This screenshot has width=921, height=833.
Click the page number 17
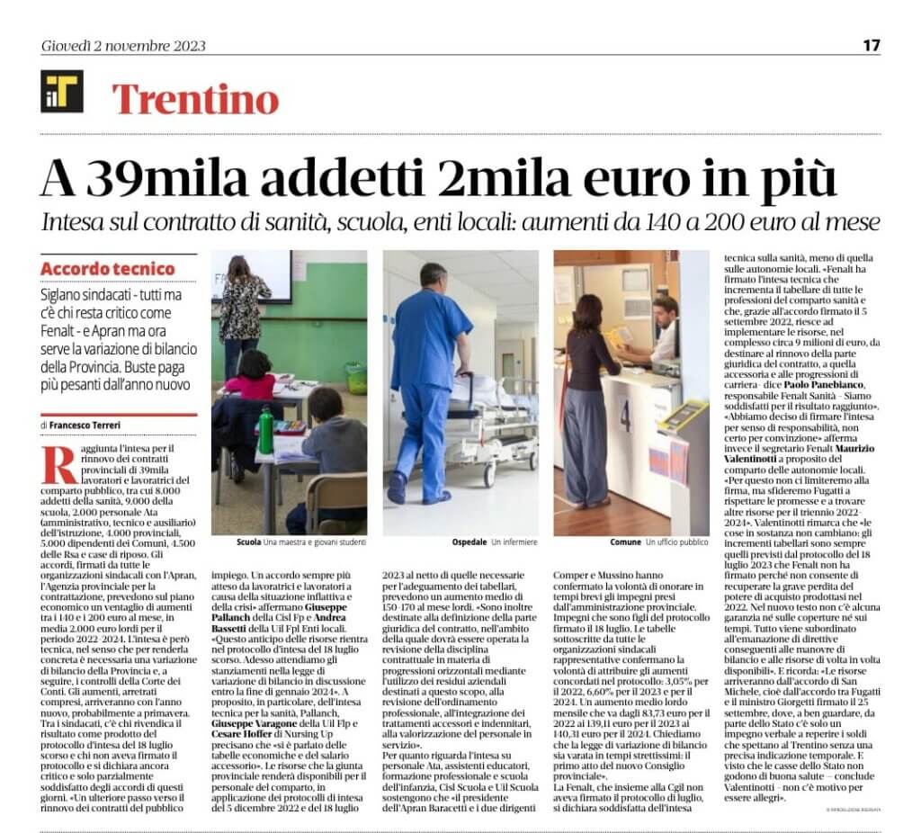coord(872,46)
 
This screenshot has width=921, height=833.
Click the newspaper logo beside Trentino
coord(62,92)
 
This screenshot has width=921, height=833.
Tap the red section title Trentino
coord(194,99)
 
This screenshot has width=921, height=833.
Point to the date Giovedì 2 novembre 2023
coord(124,47)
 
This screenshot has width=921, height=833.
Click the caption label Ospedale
coord(469,542)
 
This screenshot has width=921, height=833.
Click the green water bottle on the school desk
coord(265,431)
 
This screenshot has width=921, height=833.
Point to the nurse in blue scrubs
coord(430,378)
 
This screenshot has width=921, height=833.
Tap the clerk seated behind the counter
coord(663,328)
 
